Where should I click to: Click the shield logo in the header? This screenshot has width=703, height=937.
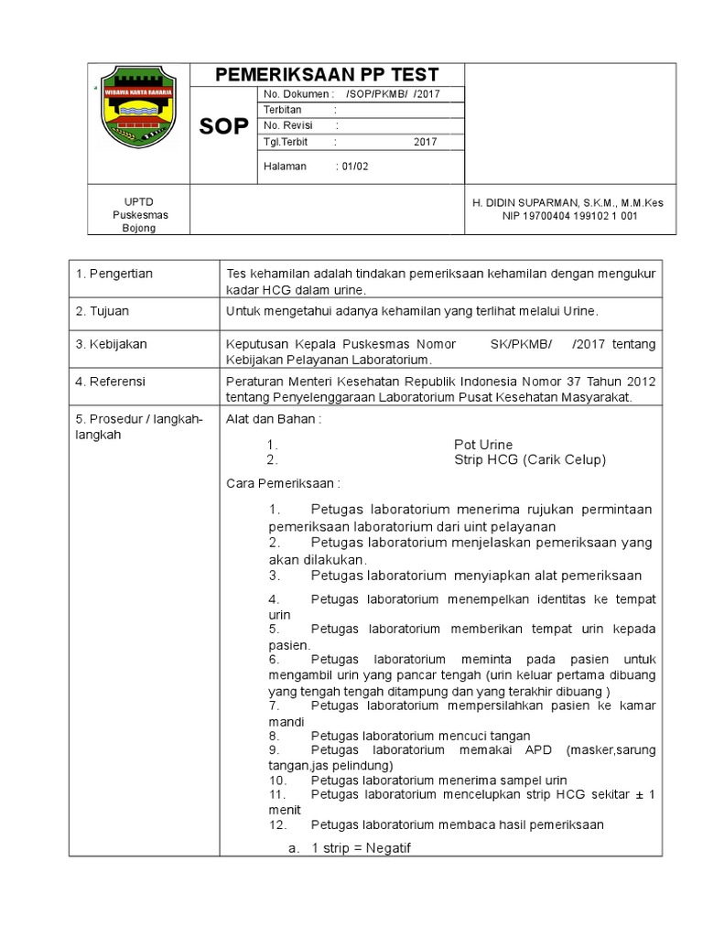point(137,109)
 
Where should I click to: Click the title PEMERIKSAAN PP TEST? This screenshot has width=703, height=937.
point(327,75)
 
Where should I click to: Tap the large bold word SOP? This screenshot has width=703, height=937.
point(223,127)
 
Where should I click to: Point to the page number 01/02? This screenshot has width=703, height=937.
point(355,166)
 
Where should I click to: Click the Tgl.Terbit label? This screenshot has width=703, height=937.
point(286,142)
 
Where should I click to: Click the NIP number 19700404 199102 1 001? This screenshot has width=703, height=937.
point(570,216)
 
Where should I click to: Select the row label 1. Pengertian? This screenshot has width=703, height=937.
point(114,274)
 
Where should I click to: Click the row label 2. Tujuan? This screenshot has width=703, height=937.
point(104,311)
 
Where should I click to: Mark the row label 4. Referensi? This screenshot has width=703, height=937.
point(111,381)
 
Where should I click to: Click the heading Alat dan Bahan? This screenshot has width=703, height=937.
point(274,418)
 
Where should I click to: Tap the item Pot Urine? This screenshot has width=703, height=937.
point(483,444)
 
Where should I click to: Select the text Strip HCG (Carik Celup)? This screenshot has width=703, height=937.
point(530,459)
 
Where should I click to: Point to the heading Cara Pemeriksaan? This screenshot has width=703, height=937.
point(283,483)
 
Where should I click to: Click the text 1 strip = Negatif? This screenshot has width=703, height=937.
point(362,848)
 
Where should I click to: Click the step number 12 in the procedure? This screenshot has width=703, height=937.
point(278,824)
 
